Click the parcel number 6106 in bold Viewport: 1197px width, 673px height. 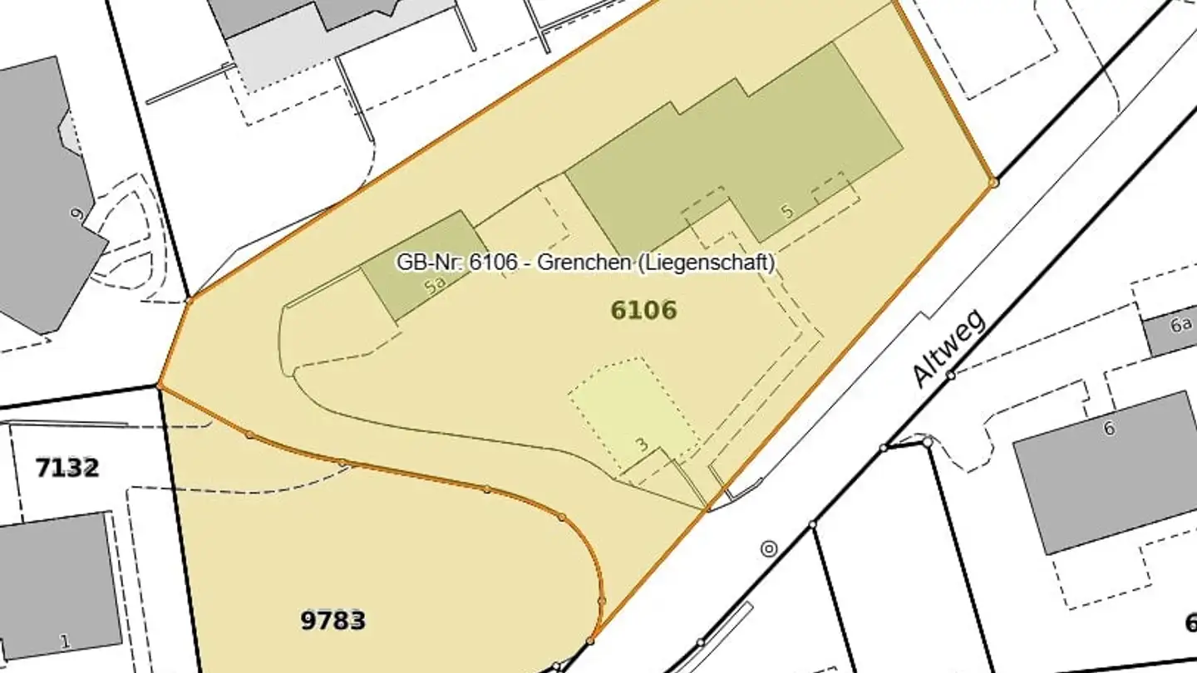[x=643, y=311]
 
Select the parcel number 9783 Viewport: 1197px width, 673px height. [x=332, y=620]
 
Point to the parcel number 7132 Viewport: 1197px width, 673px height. [x=66, y=468]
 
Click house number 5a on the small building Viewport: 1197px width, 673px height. [x=435, y=287]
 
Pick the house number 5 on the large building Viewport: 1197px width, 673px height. [x=787, y=211]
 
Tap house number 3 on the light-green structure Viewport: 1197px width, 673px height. [x=641, y=445]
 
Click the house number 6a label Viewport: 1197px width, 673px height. [x=1181, y=325]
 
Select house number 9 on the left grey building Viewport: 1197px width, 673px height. [x=77, y=215]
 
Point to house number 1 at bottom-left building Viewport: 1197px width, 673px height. [x=64, y=641]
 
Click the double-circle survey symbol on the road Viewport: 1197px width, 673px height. [x=769, y=548]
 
